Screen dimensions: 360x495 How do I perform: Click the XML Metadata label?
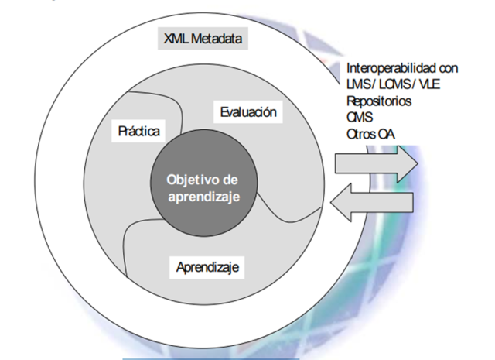(203, 38)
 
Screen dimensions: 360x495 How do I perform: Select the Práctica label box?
(139, 131)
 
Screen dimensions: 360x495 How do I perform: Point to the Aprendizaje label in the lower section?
(207, 268)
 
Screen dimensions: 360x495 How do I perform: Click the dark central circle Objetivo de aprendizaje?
(203, 188)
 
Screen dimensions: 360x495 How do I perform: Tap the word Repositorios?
(380, 101)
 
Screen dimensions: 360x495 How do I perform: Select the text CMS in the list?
(359, 117)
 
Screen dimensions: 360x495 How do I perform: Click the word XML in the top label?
(178, 38)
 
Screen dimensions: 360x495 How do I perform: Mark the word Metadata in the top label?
(217, 38)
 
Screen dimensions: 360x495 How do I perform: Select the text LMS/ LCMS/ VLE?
(387, 84)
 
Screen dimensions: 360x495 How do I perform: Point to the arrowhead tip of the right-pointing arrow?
(418, 163)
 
